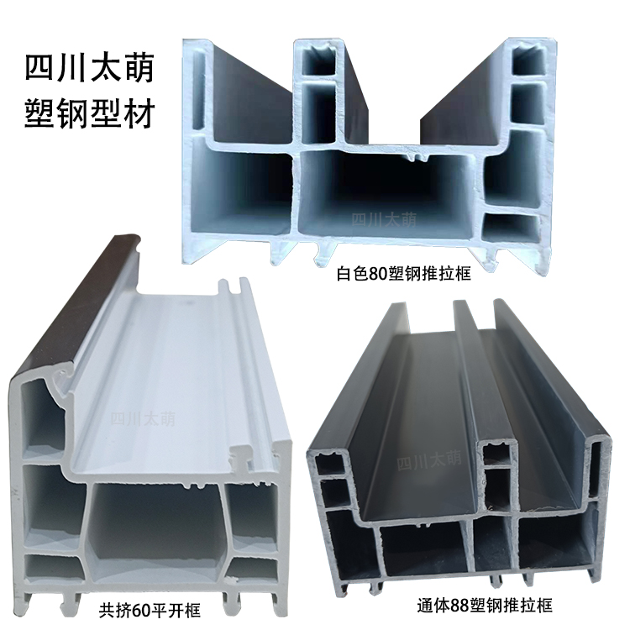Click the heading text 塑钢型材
point(91,115)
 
